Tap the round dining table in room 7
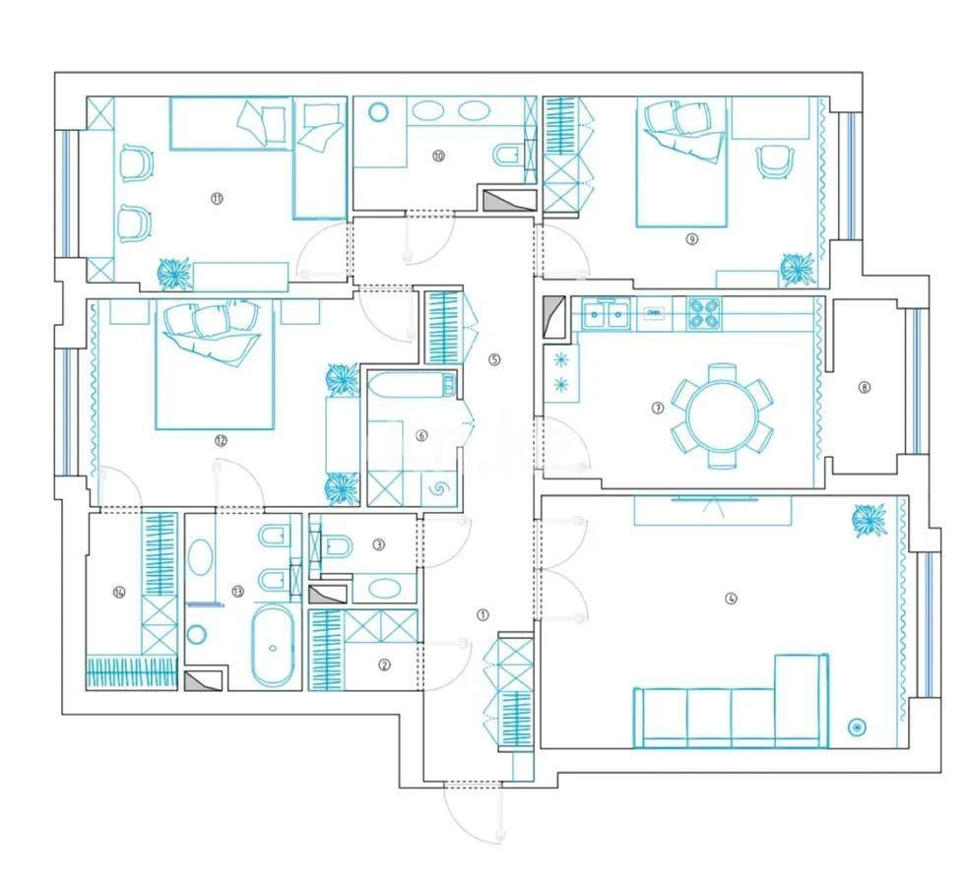coord(722,414)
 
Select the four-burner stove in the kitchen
coord(703,313)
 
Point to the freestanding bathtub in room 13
coord(271,647)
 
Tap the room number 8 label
coord(865,387)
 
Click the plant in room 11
coord(175,273)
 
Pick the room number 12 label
coord(220,441)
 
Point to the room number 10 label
coord(438,156)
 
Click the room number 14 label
coord(120,592)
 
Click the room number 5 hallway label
coord(494,358)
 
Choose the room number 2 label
coord(385,664)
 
